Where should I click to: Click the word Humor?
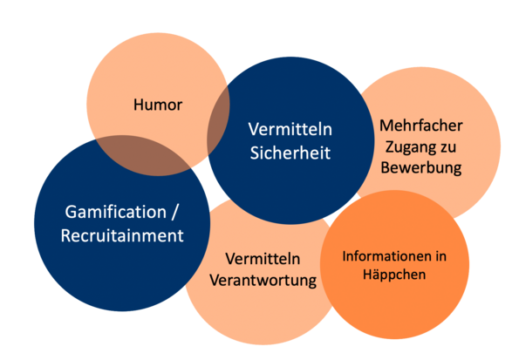coord(158,105)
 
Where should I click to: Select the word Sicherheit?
coord(290,153)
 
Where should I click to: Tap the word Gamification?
coord(116,212)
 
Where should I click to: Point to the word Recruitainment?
coord(122,235)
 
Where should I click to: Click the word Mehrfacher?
coord(421,126)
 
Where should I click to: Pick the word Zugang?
coord(409,147)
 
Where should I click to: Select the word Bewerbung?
coord(421,167)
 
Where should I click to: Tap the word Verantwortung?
coord(263,281)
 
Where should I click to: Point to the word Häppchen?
coord(394,275)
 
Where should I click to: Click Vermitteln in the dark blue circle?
coord(290,129)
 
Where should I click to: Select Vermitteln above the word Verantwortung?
coord(263,259)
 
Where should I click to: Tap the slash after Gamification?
coord(174,212)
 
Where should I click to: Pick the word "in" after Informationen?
coord(441,256)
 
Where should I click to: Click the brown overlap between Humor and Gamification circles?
coord(144,155)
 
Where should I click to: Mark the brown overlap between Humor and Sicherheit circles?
coord(218,120)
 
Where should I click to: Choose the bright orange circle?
coord(394,264)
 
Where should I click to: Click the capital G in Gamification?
coord(71,212)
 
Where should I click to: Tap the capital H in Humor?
coord(139,105)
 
